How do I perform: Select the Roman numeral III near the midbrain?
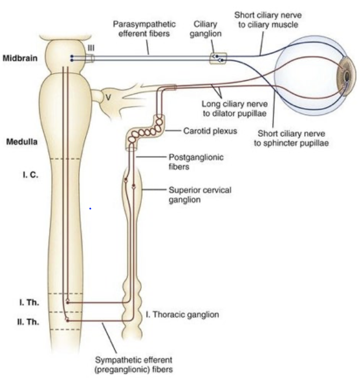tap(91, 48)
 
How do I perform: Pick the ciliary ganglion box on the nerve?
tap(218, 58)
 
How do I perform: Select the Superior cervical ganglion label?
tap(197, 194)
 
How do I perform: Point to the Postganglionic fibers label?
tap(192, 162)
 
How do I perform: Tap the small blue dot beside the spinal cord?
tap(90, 208)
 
